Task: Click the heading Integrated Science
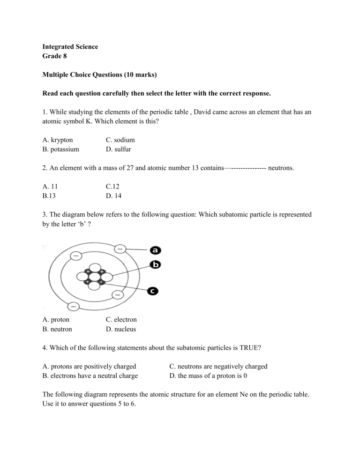click(70, 47)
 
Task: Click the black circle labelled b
click(155, 264)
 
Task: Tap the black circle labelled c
click(153, 291)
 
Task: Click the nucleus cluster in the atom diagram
click(95, 277)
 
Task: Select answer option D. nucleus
click(121, 329)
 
